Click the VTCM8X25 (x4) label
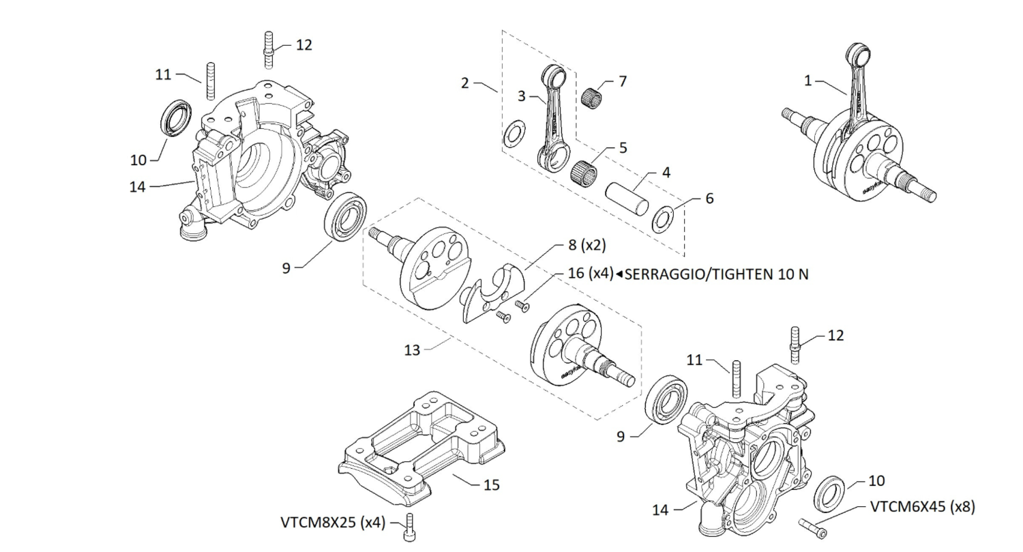coord(333,523)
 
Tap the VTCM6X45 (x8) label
coord(922,507)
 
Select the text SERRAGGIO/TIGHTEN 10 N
coord(716,274)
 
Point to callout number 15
coord(492,485)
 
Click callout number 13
coord(412,350)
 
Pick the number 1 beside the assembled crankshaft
coord(808,81)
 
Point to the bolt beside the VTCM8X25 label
coord(409,527)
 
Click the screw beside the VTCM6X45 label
coord(813,527)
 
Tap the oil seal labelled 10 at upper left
coord(176,117)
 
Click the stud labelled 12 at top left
coord(268,49)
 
